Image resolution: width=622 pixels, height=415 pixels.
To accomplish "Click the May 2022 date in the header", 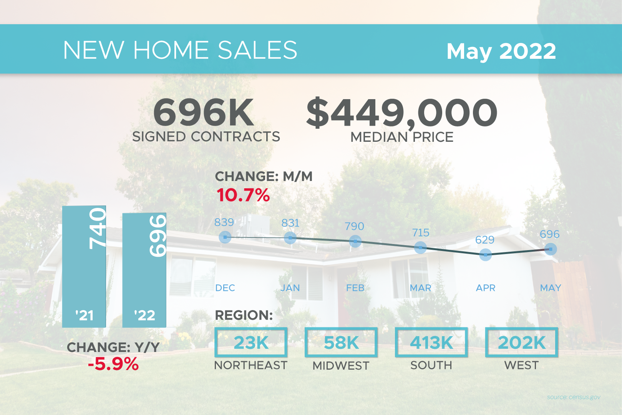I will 501,51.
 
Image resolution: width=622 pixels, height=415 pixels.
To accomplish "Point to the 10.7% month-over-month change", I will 243,195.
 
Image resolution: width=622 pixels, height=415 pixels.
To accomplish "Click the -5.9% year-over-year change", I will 113,364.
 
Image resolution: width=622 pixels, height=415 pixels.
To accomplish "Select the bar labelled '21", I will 84,267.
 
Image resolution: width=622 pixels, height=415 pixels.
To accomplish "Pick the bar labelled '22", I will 144,270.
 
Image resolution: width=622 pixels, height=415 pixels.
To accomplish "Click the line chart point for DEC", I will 225,237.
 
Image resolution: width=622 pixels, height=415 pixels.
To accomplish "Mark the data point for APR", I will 486,255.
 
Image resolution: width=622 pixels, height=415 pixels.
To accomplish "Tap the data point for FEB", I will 355,242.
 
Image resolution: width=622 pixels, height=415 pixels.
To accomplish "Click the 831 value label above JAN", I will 290,223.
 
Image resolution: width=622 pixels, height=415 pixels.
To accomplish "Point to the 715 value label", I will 421,232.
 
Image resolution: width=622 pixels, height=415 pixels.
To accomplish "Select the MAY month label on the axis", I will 551,288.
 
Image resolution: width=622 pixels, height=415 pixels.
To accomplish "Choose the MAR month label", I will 420,288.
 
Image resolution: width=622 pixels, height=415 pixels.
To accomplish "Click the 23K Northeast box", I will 251,342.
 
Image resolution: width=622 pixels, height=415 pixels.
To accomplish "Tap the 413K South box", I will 431,342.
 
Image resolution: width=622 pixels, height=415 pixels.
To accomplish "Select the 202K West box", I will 522,342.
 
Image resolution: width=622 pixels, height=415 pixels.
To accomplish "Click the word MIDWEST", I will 341,365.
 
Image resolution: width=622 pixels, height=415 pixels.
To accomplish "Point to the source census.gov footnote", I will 574,397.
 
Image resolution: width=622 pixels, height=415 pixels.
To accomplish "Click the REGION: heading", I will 244,315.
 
